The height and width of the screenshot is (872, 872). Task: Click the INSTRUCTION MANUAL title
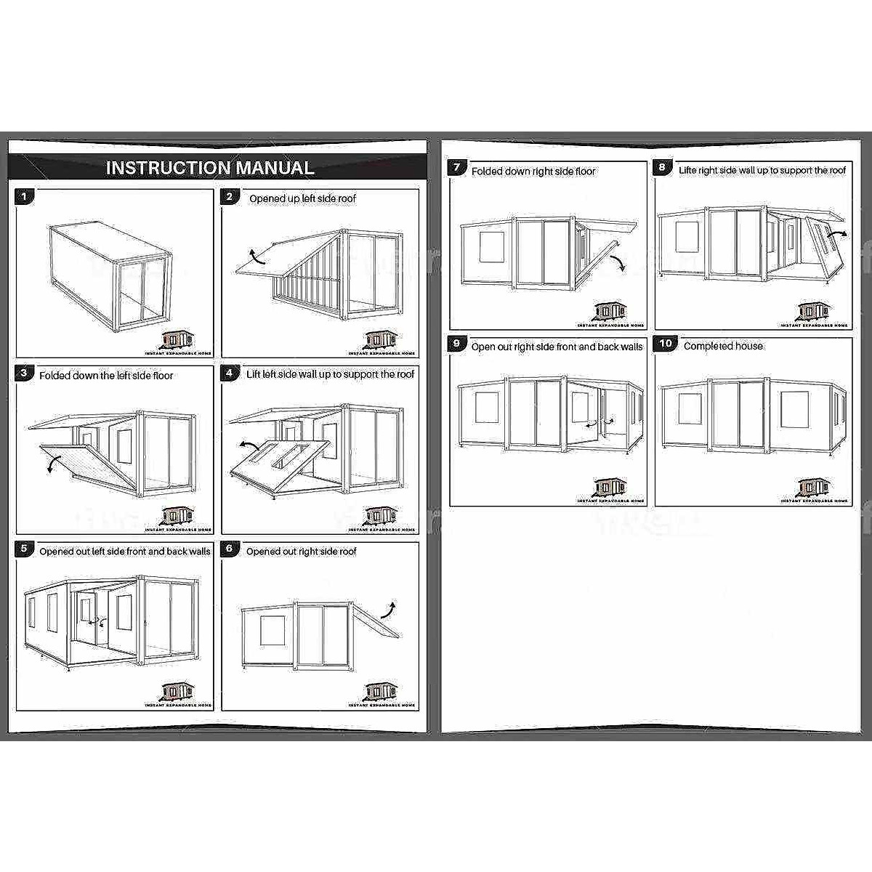coord(210,168)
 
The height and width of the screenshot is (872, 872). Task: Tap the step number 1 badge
coord(24,196)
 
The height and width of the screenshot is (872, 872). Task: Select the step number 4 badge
coord(230,374)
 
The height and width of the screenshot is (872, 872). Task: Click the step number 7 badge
coord(456,168)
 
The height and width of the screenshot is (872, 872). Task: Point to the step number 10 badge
coord(666,344)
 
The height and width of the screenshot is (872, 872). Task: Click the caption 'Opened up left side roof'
coord(302,198)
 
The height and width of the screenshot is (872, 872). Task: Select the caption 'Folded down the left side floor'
coord(106,376)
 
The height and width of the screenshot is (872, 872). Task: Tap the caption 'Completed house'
coord(723,346)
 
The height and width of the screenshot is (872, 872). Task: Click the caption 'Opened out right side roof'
coord(301,552)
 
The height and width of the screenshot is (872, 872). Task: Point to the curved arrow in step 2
coord(256,256)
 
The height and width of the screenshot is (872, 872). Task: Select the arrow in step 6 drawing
coord(391,607)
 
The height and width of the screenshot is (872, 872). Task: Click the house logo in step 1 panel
coord(178,339)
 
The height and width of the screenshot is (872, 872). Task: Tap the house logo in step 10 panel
coord(814,487)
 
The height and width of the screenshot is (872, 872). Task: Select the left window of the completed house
coord(689,409)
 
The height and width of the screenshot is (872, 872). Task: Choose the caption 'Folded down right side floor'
coord(533,171)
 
